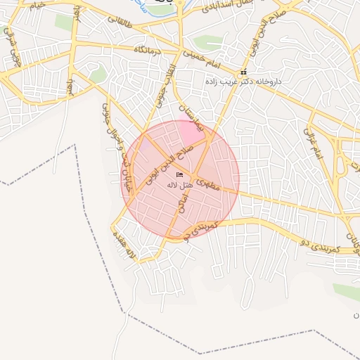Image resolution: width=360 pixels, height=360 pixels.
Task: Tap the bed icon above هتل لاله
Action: point(180,174)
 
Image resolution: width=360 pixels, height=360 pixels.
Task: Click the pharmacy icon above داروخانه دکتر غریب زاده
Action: point(243,72)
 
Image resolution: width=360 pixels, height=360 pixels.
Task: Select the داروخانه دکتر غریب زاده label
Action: point(243,82)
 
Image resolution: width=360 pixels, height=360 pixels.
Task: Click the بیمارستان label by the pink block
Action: point(191,117)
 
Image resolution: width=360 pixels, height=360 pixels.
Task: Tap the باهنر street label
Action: point(70,87)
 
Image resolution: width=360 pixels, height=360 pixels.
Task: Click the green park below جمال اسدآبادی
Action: point(207,43)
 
